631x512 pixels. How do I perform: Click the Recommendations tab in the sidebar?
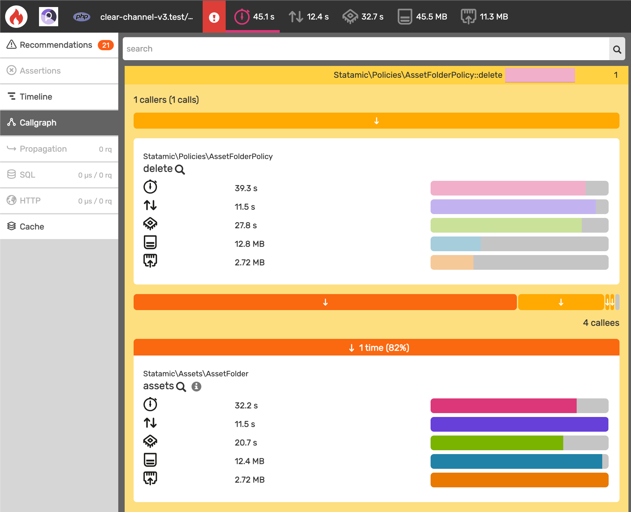click(56, 45)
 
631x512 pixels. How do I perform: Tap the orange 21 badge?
click(106, 45)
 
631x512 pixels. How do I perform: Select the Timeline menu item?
click(36, 97)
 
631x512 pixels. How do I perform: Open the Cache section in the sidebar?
click(32, 227)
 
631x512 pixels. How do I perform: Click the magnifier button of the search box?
click(617, 49)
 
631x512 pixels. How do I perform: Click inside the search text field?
click(364, 49)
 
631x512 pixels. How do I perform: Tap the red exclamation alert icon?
click(214, 17)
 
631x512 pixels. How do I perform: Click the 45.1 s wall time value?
click(263, 17)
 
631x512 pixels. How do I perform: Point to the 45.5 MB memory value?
click(431, 17)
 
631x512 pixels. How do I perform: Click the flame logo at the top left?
click(16, 17)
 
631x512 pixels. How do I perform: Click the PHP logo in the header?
click(82, 17)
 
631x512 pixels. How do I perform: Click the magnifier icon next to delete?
click(180, 169)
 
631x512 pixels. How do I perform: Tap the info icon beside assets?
click(196, 387)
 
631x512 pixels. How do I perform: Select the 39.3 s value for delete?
click(246, 188)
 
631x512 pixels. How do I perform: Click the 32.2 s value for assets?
click(246, 405)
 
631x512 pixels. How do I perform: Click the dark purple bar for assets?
click(519, 424)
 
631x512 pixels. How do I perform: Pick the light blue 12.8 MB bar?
click(456, 244)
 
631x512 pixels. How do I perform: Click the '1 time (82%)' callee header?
click(376, 348)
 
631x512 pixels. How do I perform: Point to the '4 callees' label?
click(601, 323)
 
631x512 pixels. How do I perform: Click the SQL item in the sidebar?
click(27, 175)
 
